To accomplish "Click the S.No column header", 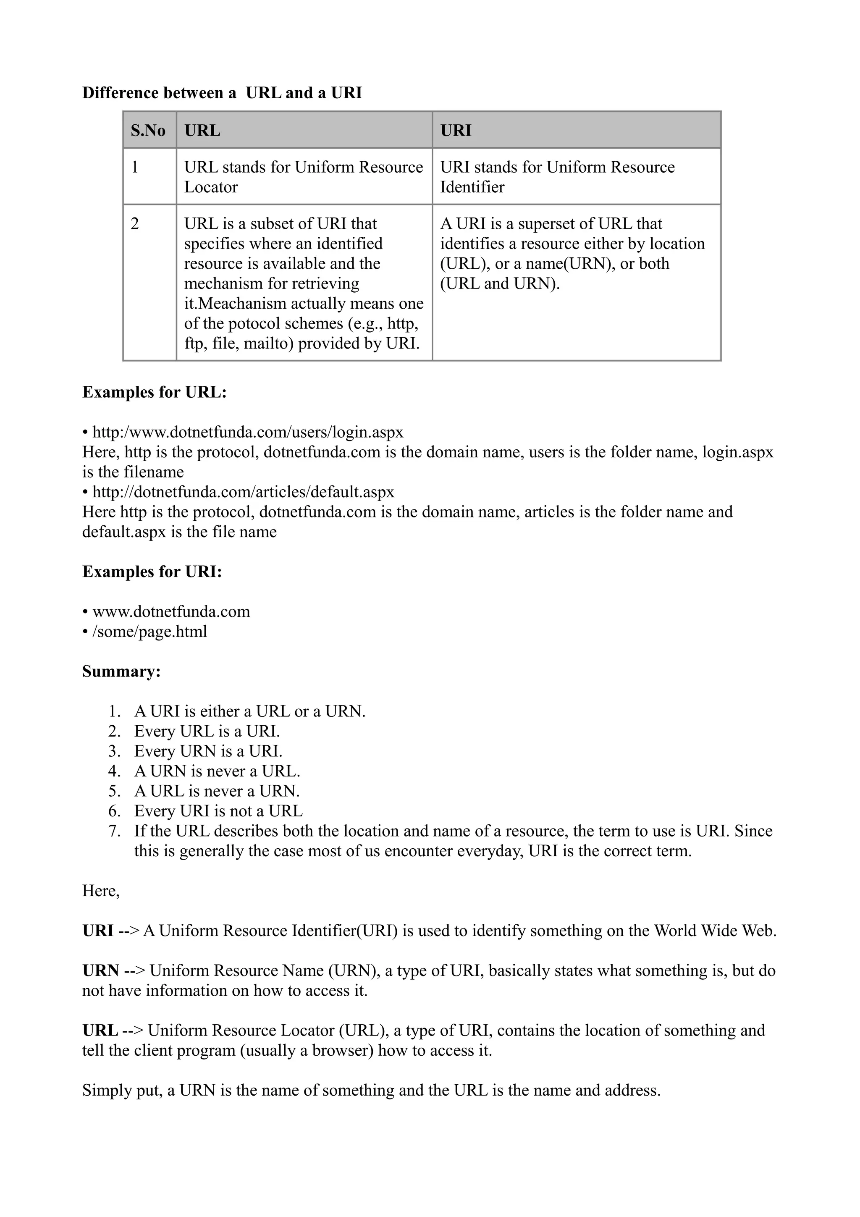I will pyautogui.click(x=148, y=130).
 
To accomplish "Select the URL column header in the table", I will pyautogui.click(x=202, y=130).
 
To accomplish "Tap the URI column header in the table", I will pyautogui.click(x=455, y=130).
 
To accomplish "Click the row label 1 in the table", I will pyautogui.click(x=135, y=168).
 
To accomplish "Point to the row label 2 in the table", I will pyautogui.click(x=135, y=224).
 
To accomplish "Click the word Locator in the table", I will pyautogui.click(x=211, y=187).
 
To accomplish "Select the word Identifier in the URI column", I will pyautogui.click(x=472, y=187).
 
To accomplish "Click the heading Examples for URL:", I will pyautogui.click(x=154, y=392).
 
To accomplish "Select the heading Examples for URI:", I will pyautogui.click(x=152, y=572).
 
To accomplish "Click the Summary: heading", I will pyautogui.click(x=121, y=671).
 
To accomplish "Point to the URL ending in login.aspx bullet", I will pyautogui.click(x=247, y=433).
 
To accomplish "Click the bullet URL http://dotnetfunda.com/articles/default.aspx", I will pyautogui.click(x=243, y=493).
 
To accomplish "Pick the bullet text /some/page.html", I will pyautogui.click(x=149, y=632).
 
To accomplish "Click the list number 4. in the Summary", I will pyautogui.click(x=115, y=771).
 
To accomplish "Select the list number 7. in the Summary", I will pyautogui.click(x=115, y=831).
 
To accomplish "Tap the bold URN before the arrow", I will pyautogui.click(x=101, y=970).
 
